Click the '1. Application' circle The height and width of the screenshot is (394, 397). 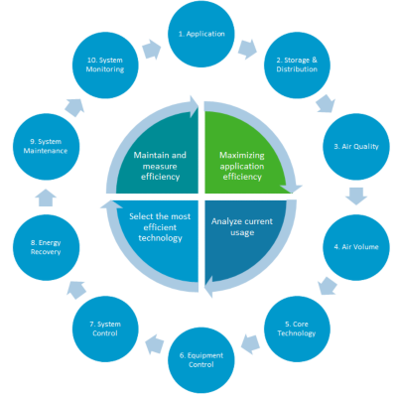tap(203, 35)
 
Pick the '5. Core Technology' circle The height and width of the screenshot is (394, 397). tap(299, 328)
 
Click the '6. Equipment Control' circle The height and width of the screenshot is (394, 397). tap(203, 358)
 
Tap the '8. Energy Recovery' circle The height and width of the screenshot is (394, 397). tap(45, 246)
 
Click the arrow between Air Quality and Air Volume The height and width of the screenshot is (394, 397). tap(357, 197)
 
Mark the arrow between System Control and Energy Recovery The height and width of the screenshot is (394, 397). tap(73, 291)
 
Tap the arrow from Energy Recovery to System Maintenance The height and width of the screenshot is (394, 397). tap(43, 198)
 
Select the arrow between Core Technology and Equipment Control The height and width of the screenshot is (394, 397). tap(252, 347)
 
